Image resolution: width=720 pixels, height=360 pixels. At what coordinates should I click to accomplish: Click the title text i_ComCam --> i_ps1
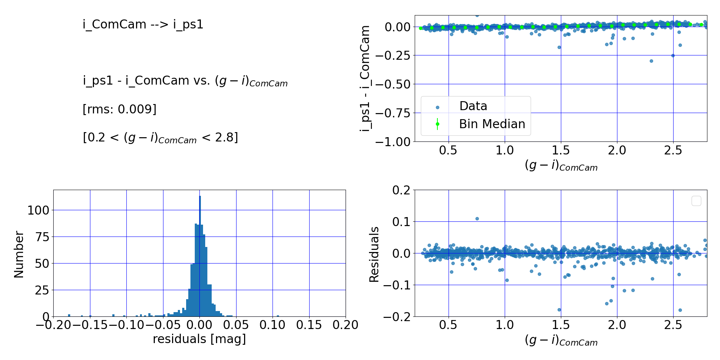[x=143, y=24]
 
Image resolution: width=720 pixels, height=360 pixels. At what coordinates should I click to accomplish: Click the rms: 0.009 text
[x=120, y=109]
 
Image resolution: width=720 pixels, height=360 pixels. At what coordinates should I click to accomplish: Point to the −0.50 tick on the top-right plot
[x=392, y=84]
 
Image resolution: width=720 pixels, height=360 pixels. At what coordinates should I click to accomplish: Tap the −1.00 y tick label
[x=392, y=142]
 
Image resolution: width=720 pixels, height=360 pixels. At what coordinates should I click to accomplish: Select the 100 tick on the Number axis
[x=38, y=210]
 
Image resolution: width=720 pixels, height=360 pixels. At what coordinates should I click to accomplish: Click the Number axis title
[x=19, y=254]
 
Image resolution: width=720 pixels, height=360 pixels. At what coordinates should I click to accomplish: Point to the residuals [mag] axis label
[x=199, y=339]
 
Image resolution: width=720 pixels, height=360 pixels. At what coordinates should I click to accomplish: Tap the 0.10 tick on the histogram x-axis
[x=273, y=325]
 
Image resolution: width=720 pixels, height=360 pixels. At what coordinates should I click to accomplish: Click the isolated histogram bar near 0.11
[x=278, y=316]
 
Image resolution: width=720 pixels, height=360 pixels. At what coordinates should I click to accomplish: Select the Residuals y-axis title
[x=374, y=254]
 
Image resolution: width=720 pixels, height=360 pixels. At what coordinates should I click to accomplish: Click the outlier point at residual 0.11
[x=477, y=219]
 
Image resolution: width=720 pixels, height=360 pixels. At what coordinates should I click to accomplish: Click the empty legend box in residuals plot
[x=696, y=201]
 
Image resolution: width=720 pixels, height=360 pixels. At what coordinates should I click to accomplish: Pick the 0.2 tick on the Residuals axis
[x=401, y=190]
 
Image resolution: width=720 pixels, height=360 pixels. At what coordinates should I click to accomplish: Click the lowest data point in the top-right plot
[x=651, y=61]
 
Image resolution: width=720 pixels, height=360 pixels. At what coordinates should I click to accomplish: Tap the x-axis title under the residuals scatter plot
[x=561, y=341]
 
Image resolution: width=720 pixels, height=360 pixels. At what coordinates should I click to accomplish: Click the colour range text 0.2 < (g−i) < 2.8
[x=160, y=138]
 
